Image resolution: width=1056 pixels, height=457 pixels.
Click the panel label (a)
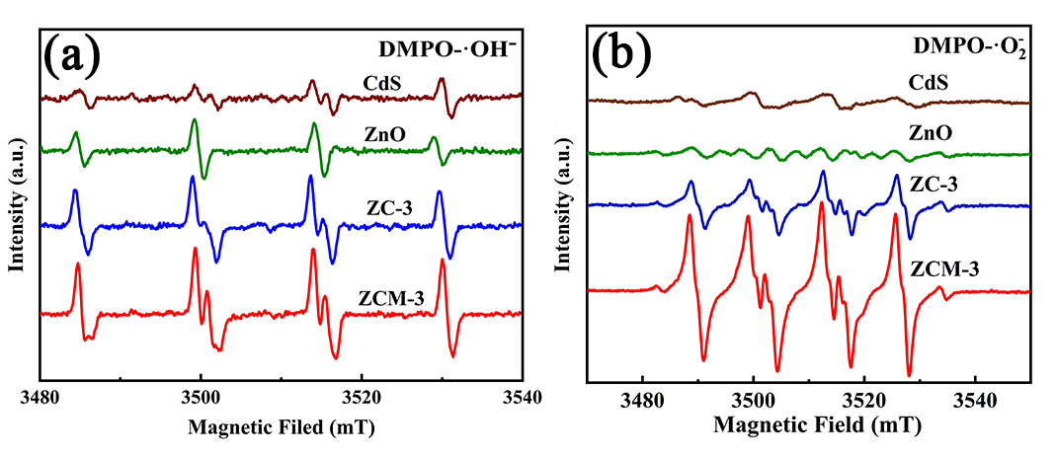[x=72, y=56]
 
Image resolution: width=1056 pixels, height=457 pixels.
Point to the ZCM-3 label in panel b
[x=943, y=267]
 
